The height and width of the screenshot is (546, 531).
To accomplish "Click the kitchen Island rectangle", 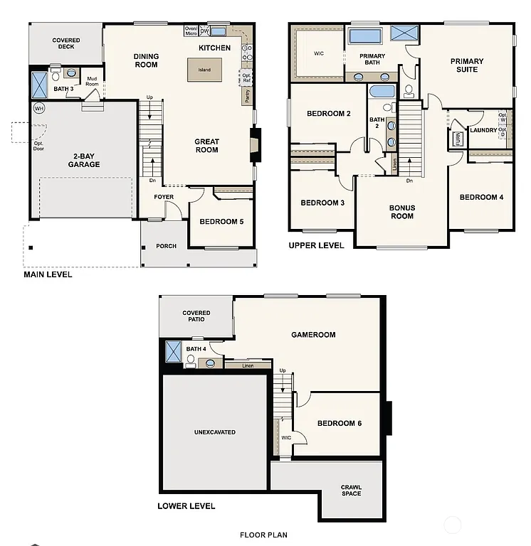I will pos(205,70).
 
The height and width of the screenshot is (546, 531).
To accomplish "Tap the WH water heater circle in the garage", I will pos(38,108).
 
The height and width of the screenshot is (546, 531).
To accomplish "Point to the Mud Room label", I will pos(92,81).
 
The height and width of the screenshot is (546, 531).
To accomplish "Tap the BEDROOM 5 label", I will pos(221,222).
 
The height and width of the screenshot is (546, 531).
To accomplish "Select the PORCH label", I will pos(165,246).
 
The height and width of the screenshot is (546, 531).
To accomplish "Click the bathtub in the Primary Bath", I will pos(365,36).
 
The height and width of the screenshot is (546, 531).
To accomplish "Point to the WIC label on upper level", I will pos(319,53).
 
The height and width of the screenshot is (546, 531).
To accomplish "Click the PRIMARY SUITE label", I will pos(467,65).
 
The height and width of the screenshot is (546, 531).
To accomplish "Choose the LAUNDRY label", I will pos(483,130).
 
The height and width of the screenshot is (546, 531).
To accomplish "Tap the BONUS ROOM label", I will pos(401,212).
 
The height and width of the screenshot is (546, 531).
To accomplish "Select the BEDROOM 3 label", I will pos(322,203).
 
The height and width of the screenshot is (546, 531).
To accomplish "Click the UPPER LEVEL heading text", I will pos(316,245).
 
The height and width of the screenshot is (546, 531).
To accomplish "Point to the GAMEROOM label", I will pos(313,335).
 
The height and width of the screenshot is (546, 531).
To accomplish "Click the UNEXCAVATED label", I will pos(215,432).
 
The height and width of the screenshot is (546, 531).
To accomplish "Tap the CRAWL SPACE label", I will pos(351,491).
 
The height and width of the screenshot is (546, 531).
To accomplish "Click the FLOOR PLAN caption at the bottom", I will pos(263,535).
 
